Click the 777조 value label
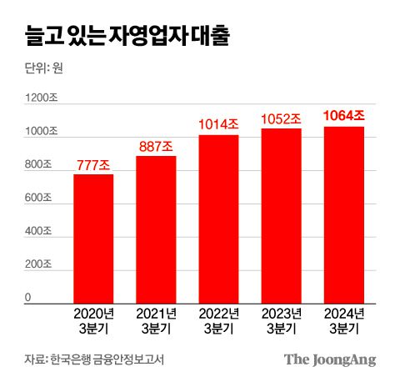tap(93, 165)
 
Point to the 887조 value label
tap(156, 147)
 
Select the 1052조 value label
tap(281, 119)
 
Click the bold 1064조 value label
tap(343, 117)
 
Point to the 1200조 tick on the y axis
tap(41, 98)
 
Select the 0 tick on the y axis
tap(27, 297)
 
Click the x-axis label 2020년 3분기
tap(93, 321)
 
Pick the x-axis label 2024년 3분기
tap(343, 321)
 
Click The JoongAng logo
tap(330, 359)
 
